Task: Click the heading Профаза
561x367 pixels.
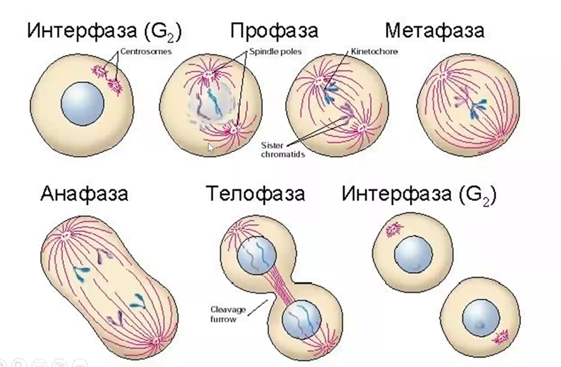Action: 274,31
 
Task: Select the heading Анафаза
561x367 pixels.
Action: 84,193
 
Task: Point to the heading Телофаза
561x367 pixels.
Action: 256,193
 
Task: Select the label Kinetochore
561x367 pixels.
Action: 374,51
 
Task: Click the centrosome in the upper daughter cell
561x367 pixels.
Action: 392,230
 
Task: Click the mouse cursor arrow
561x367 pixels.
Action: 211,146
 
